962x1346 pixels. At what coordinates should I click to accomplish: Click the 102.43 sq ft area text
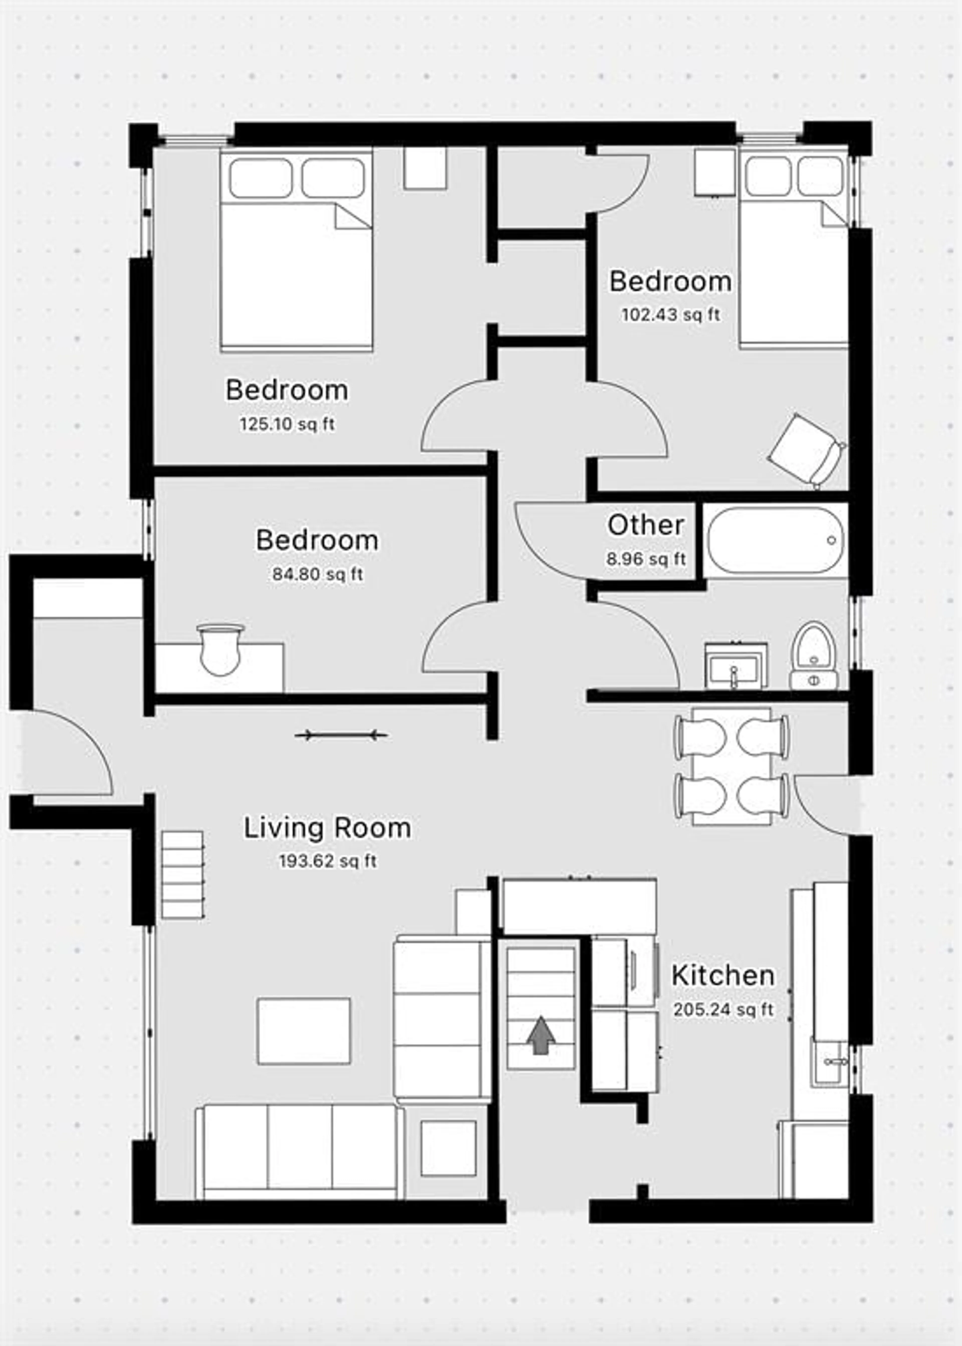point(671,315)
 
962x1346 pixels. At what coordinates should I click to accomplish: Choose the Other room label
point(646,525)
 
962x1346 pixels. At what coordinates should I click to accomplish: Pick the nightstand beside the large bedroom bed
point(425,168)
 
